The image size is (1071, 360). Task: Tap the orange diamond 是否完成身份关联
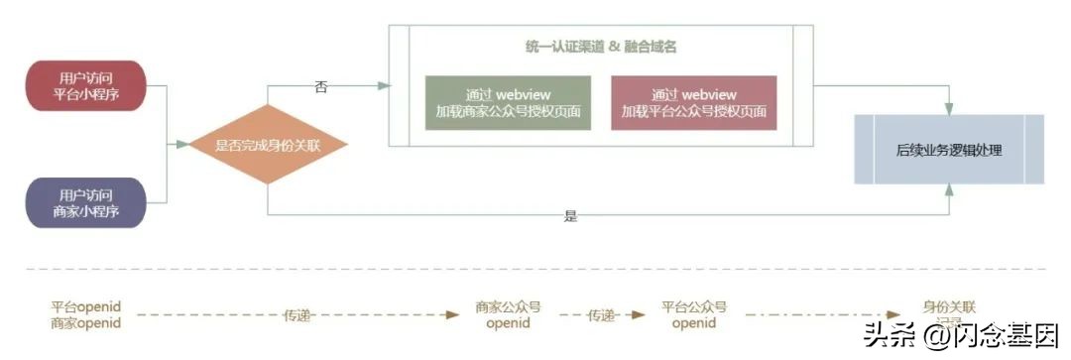268,145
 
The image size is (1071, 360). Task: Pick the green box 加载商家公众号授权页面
508,102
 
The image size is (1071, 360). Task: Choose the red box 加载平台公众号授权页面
694,102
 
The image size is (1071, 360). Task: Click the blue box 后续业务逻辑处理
949,150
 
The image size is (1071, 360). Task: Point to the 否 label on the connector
321,87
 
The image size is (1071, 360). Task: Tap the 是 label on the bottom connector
570,215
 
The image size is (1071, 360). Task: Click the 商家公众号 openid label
508,315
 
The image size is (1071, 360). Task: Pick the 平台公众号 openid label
694,315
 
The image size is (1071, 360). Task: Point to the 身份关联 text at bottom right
948,307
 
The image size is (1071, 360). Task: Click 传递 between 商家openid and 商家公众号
297,315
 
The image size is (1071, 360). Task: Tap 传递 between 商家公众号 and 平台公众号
601,315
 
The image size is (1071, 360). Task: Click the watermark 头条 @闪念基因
960,334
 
